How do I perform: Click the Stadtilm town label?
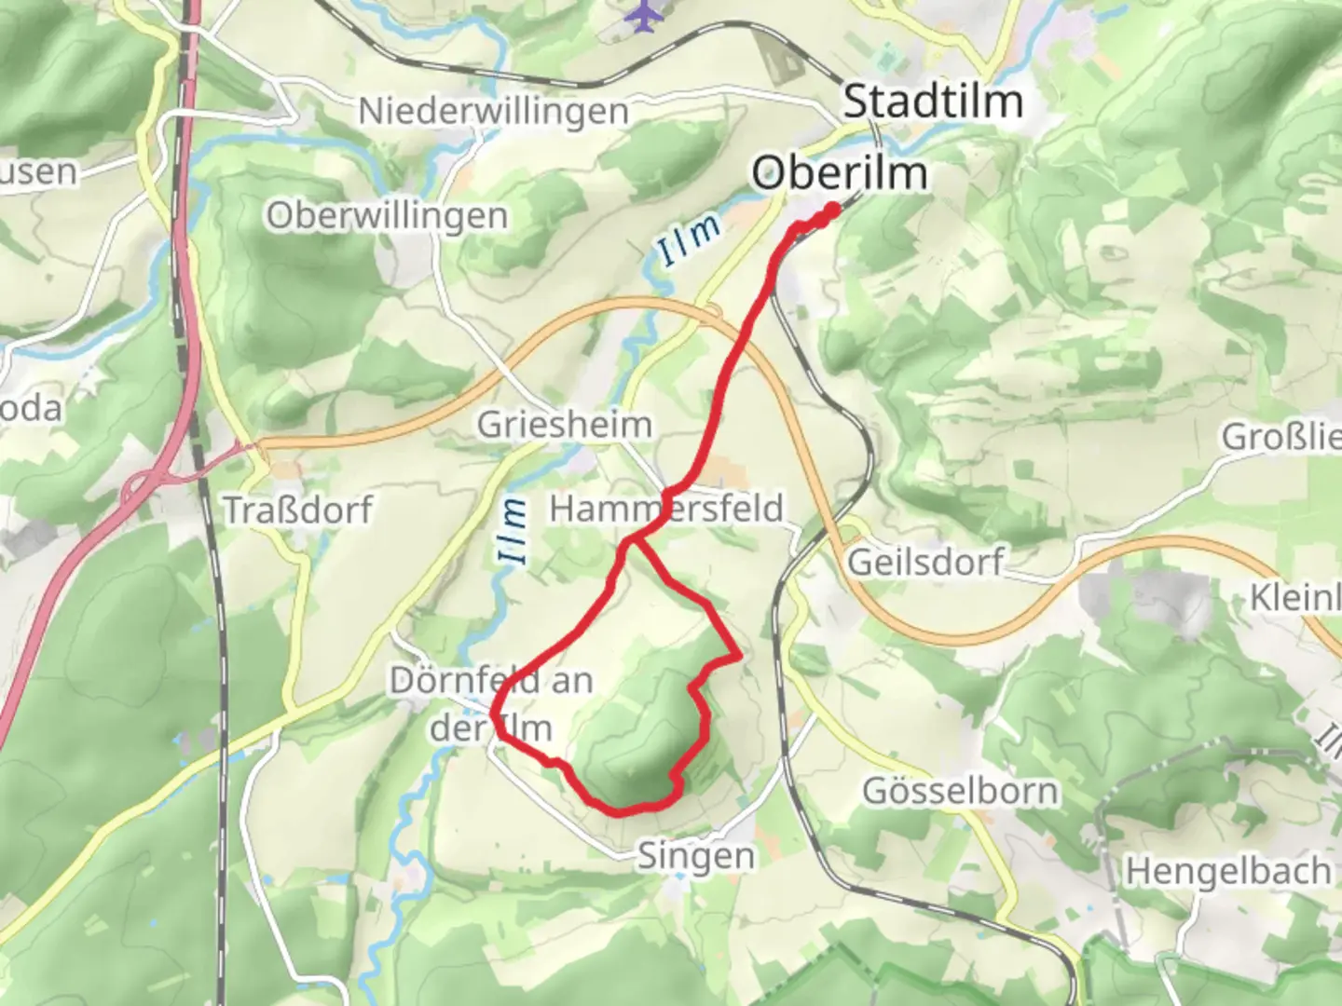point(933,101)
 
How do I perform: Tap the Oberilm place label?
point(840,173)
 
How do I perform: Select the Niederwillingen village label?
point(494,112)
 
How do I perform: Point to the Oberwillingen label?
point(388,216)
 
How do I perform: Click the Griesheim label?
point(565,425)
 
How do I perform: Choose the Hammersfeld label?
point(666,509)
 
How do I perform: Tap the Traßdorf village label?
point(298,510)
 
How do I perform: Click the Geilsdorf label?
point(925,562)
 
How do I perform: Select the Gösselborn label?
point(961,791)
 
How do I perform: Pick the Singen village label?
point(695,856)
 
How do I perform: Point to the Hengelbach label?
point(1228,872)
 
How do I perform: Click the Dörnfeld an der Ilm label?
point(491,703)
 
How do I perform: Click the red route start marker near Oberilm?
point(829,211)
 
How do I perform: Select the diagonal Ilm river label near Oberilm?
point(689,241)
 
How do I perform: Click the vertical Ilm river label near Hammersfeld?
point(513,532)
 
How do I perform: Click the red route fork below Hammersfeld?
point(632,541)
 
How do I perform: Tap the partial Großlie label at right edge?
point(1281,436)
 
